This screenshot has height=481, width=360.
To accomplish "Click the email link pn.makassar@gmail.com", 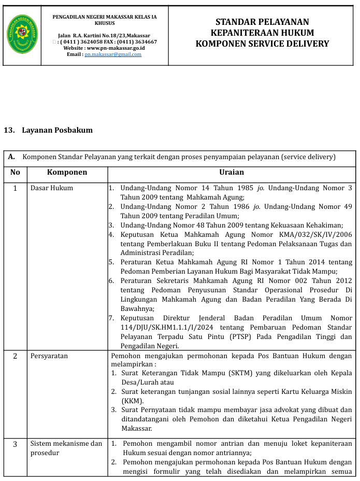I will point(113,54).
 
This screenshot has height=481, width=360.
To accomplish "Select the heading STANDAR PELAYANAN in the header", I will point(262,22).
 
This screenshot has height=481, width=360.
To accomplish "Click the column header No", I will point(15,172).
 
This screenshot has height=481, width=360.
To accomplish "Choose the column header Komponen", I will point(67,172).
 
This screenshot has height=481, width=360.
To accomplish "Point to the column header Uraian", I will point(231,172).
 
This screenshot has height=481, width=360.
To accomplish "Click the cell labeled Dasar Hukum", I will point(52,188).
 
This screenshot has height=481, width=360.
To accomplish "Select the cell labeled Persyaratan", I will point(49,356).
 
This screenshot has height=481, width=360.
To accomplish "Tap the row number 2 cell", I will point(15,356).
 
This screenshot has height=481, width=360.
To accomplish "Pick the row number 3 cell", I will point(15,444).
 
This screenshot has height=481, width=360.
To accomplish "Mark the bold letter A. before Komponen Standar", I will point(11,157).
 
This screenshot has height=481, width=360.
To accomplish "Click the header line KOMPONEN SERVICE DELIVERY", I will point(262,44).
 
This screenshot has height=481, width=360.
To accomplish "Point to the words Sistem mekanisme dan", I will point(66,443).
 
